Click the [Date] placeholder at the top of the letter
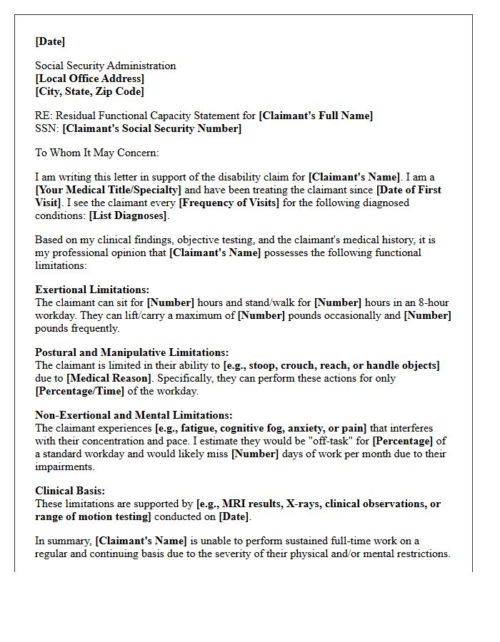pos(50,41)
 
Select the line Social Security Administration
pos(105,66)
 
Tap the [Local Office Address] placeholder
pos(89,78)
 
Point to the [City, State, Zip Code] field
pos(89,91)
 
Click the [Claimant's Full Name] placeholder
pos(316,116)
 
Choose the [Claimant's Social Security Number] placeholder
pos(151,128)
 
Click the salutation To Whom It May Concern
pos(97,153)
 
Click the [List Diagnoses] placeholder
pos(128,215)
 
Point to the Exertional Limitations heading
pos(92,290)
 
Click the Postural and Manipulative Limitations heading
pos(131,352)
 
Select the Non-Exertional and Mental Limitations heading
pos(134,415)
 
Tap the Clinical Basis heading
pos(70,491)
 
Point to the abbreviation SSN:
pos(47,128)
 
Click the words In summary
pos(64,541)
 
